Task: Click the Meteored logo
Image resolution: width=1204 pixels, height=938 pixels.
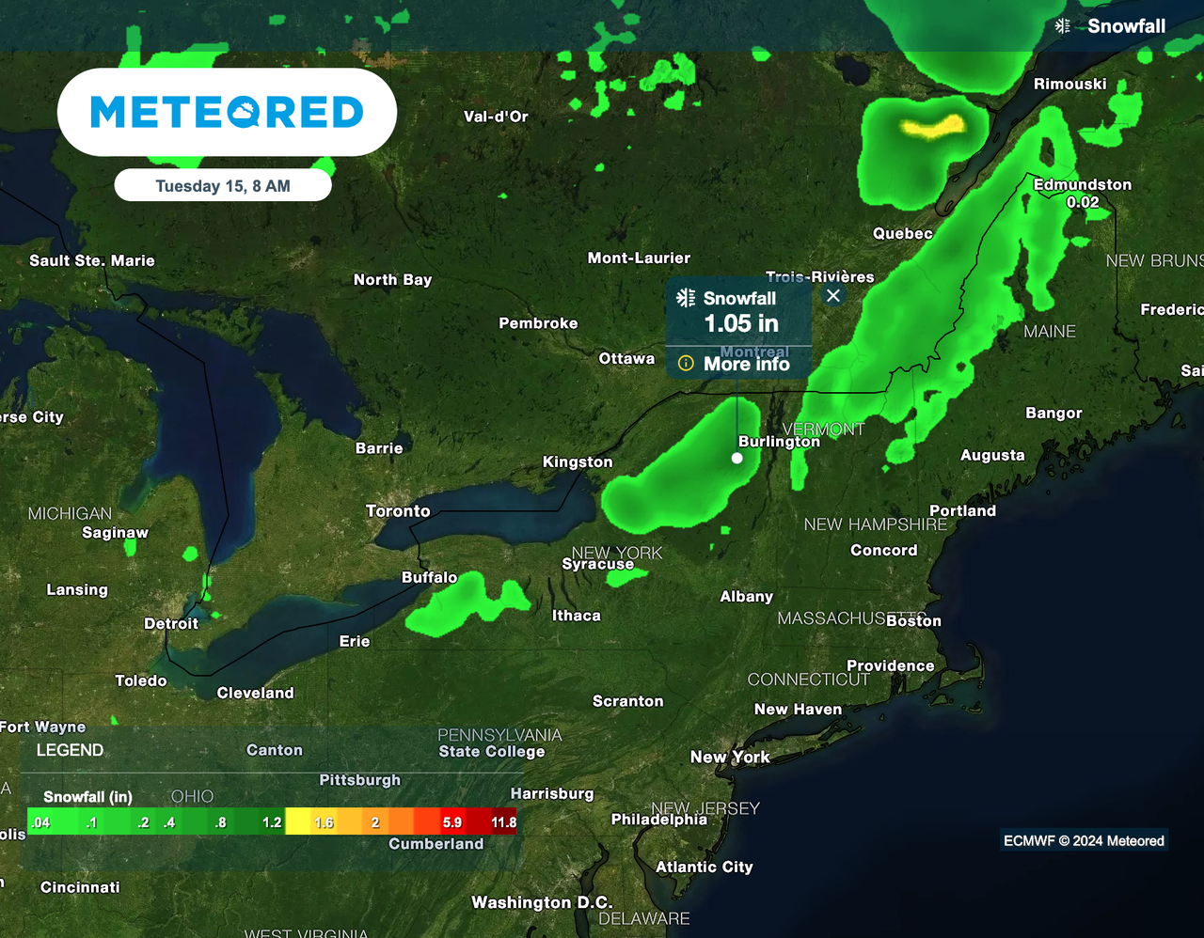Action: click(227, 112)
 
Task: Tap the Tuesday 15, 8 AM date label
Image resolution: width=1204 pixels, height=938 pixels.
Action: click(223, 186)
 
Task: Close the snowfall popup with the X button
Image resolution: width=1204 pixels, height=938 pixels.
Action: click(832, 296)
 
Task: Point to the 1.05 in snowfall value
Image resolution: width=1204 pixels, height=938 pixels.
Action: click(741, 323)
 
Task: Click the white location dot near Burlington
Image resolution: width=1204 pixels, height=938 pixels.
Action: click(737, 458)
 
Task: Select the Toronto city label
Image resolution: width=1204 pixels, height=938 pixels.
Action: click(398, 511)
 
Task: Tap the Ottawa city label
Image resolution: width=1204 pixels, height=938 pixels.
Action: click(626, 358)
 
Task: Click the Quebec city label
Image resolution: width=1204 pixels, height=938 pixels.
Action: click(902, 233)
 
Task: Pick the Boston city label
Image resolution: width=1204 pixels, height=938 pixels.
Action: click(913, 620)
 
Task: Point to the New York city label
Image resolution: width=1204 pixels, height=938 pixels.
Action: click(730, 757)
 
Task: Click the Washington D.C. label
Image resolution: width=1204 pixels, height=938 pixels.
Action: click(542, 902)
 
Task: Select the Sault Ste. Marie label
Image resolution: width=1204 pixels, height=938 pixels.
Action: click(92, 260)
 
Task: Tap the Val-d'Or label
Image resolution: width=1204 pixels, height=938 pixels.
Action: click(496, 117)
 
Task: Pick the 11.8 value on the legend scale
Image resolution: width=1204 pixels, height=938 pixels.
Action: click(503, 822)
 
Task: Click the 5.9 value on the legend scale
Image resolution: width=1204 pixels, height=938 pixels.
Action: click(452, 822)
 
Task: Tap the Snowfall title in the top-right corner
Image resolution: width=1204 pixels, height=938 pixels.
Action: click(1126, 26)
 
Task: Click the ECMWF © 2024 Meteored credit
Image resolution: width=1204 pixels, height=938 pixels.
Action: click(1084, 840)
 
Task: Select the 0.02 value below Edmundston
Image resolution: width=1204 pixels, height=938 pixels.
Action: click(1083, 202)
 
